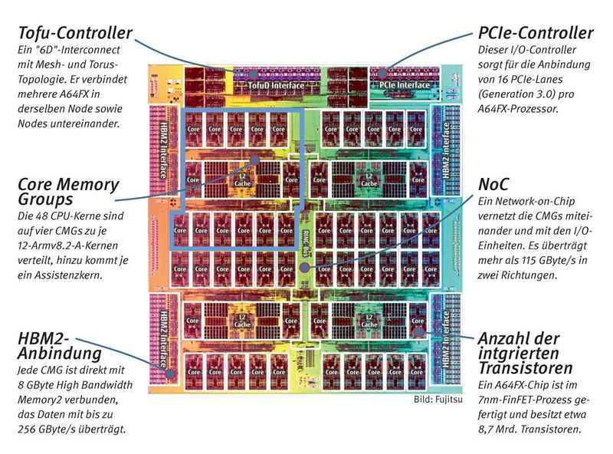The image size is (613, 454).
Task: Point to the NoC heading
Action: point(493,185)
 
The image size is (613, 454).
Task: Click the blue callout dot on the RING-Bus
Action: point(306,268)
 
